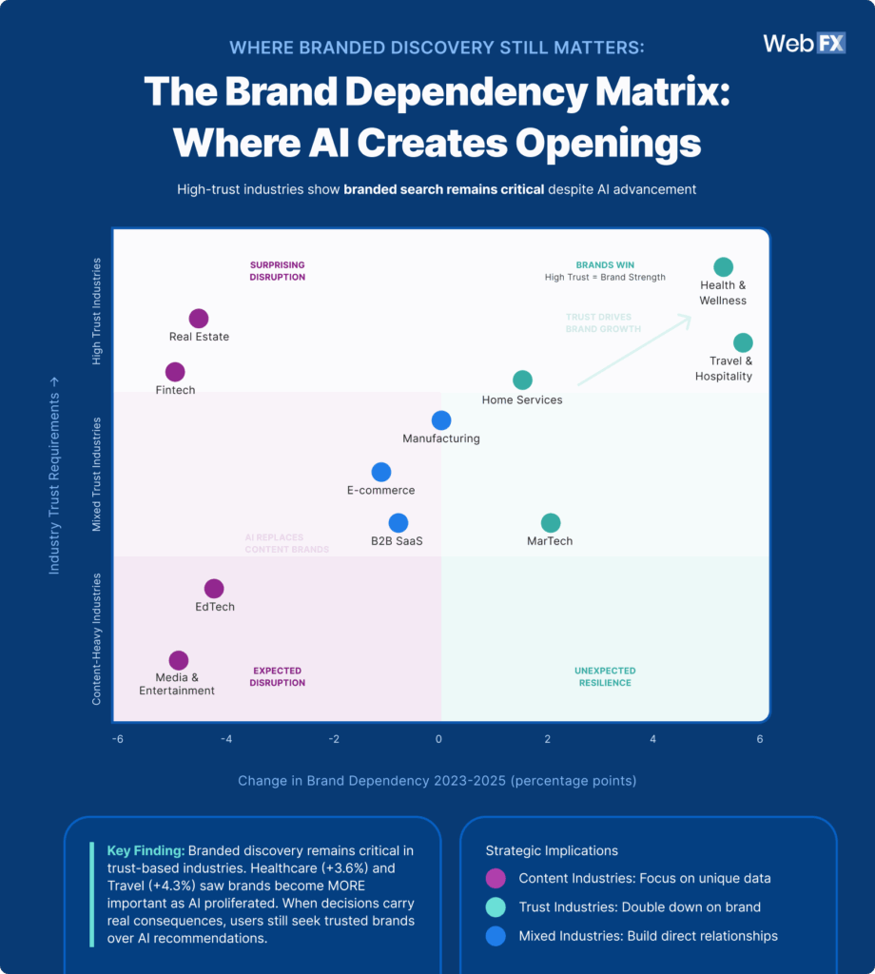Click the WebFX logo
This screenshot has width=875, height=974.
point(804,44)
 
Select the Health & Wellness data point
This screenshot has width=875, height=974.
point(724,267)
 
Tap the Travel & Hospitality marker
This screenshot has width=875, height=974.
point(743,342)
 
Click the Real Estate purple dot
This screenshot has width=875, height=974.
point(199,319)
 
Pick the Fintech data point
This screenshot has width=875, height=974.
point(175,372)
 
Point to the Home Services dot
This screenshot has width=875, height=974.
point(522,380)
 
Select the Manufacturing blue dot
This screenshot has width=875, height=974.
point(441,419)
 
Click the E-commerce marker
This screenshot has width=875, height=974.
point(380,472)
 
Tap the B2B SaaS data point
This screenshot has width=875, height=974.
point(399,522)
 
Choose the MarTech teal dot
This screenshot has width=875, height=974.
point(550,522)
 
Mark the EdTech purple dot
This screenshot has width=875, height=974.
point(214,589)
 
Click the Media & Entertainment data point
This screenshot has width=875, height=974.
point(178,660)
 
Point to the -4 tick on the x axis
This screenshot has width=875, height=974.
point(225,739)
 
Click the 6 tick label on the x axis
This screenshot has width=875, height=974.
point(760,739)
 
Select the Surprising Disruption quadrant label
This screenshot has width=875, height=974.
point(278,271)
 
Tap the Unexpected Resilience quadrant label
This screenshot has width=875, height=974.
point(605,676)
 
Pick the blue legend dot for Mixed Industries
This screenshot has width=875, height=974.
point(495,936)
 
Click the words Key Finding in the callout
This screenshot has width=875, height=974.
point(146,850)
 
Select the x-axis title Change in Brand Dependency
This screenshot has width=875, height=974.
point(437,781)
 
